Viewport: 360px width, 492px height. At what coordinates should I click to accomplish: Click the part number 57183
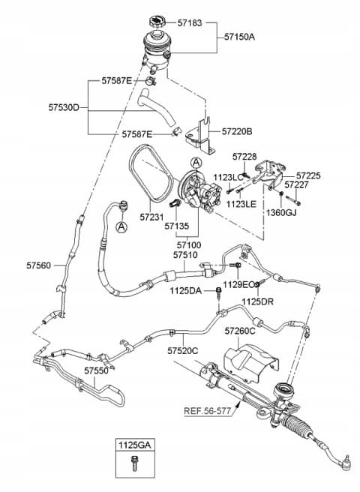coord(190,22)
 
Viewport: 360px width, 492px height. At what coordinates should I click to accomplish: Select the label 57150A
coord(239,37)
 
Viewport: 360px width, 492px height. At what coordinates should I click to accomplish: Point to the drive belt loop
coord(151,173)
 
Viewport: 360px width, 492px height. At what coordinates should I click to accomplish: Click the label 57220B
coord(237,131)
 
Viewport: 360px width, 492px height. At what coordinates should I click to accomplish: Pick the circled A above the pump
coord(196,163)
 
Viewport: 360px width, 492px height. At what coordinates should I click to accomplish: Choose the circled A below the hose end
coord(121,226)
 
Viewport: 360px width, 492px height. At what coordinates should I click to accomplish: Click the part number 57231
coord(151,217)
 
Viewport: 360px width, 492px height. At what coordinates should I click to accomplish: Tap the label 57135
coord(177,226)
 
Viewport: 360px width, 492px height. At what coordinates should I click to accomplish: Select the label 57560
coord(38,265)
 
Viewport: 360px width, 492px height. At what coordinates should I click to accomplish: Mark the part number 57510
coord(185,255)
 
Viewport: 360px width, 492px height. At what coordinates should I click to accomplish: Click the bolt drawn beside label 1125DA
coord(219,292)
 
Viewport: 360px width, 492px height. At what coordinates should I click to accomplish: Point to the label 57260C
coord(240,331)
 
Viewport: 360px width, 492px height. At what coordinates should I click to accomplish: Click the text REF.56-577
coord(207,411)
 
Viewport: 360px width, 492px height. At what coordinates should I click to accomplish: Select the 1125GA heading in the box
coord(135,445)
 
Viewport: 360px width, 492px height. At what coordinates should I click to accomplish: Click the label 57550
coord(96,370)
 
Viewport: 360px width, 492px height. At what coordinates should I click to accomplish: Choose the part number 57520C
coord(183,350)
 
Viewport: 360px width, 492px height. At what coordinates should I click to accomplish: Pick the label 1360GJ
coord(281,213)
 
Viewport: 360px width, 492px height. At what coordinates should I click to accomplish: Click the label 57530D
coord(64,107)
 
